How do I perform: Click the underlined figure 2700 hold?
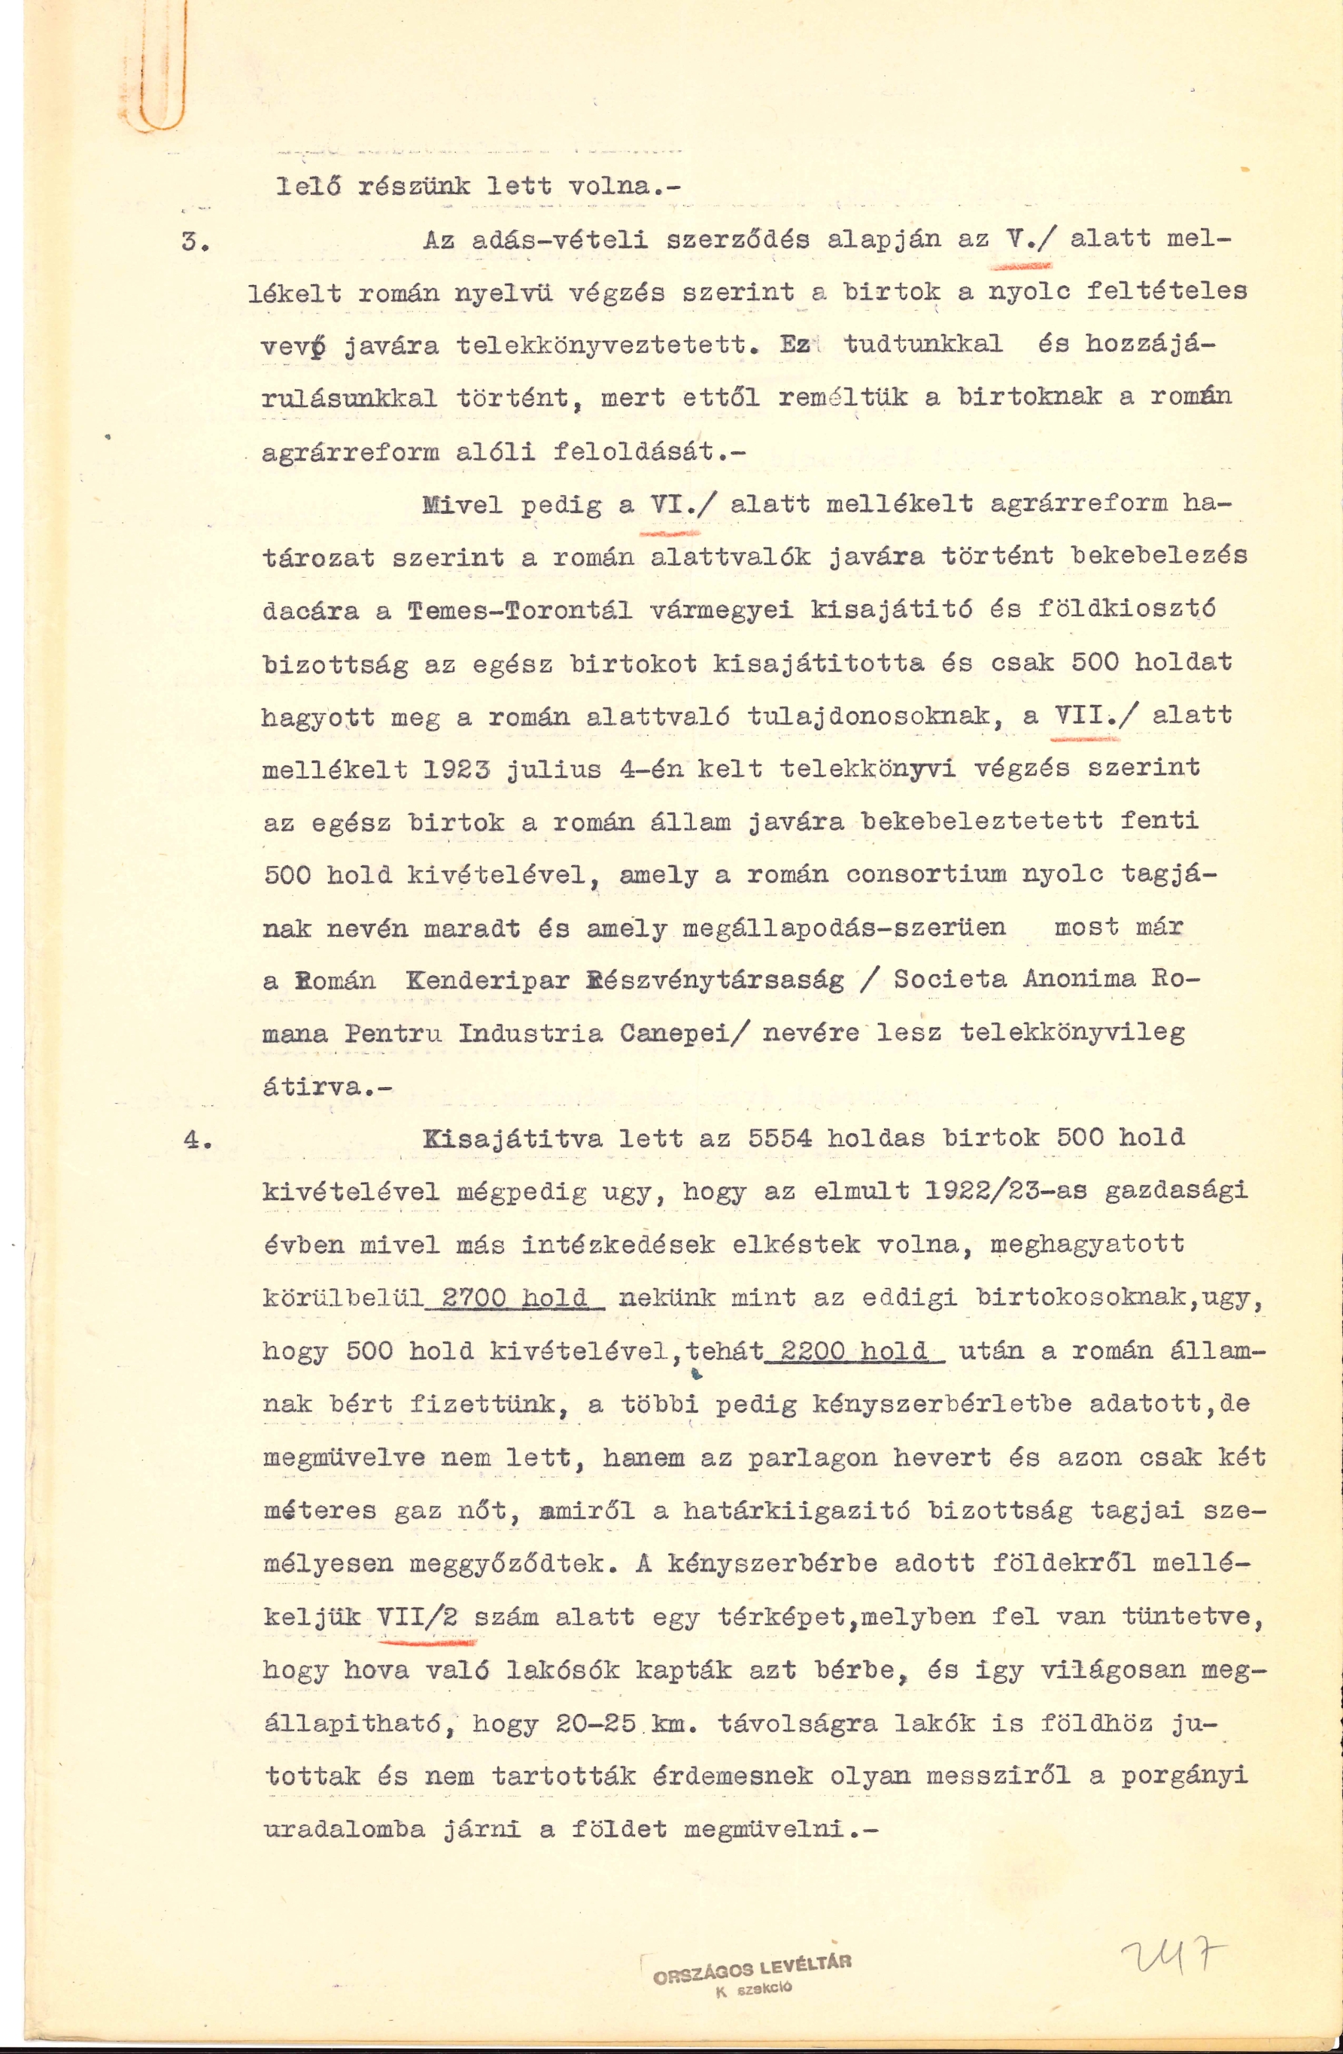[x=515, y=1297]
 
